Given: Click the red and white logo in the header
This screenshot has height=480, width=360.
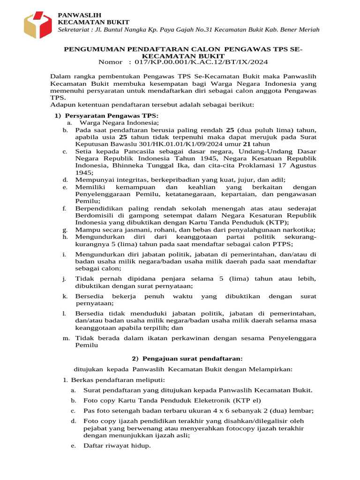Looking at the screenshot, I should click(x=38, y=24).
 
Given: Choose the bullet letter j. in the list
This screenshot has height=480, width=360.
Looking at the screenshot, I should click(x=64, y=279).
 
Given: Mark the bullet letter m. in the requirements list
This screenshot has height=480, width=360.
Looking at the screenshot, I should click(x=66, y=338).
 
